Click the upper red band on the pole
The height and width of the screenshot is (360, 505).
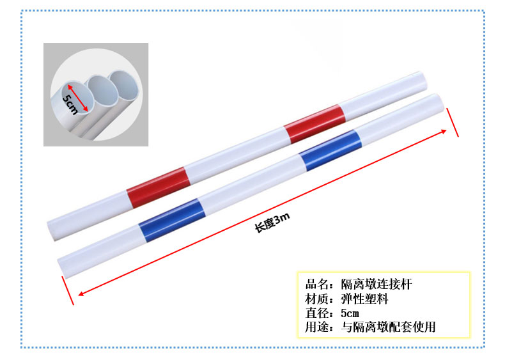tap(315, 124)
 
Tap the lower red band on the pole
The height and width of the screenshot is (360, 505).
tap(158, 187)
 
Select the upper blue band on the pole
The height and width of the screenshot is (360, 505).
tap(330, 150)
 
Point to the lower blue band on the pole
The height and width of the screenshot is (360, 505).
tap(172, 221)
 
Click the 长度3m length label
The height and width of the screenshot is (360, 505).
tap(272, 223)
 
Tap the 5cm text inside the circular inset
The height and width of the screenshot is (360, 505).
tap(70, 104)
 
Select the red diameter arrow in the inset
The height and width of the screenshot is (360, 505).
tap(77, 98)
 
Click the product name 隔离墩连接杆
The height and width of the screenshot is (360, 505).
tap(377, 285)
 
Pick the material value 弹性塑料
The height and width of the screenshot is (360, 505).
tap(364, 299)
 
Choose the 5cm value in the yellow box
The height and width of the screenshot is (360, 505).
tap(350, 313)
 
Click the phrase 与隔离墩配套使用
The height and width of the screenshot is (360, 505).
tap(388, 327)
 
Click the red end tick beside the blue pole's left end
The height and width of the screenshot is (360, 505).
tap(68, 290)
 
